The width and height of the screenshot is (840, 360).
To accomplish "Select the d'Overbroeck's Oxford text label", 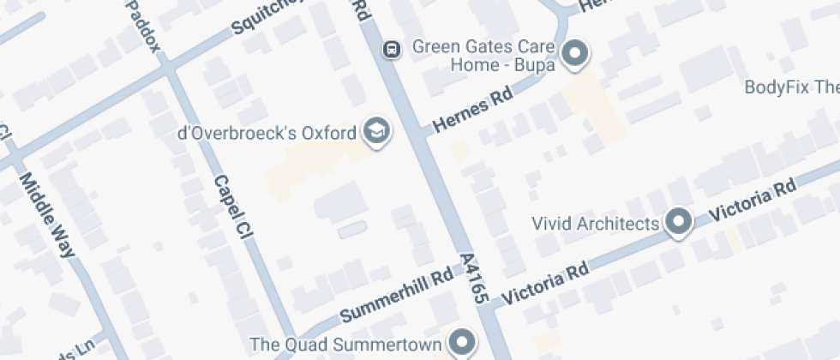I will pyautogui.click(x=266, y=133).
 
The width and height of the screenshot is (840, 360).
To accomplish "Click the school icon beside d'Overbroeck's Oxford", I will pyautogui.click(x=375, y=131).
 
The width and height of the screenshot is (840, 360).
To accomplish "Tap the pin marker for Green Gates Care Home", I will pyautogui.click(x=573, y=54).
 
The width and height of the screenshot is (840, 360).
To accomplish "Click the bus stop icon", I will pyautogui.click(x=391, y=49).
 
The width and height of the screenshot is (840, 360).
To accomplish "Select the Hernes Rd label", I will pyautogui.click(x=472, y=111).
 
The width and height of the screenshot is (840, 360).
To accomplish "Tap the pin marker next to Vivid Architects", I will pyautogui.click(x=680, y=222).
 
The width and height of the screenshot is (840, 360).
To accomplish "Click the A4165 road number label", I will pyautogui.click(x=474, y=279).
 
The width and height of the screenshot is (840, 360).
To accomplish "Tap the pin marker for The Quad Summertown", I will pyautogui.click(x=464, y=342).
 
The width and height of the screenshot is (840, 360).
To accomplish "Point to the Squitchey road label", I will pyautogui.click(x=267, y=17).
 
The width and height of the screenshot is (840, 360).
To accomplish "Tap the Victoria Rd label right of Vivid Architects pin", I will pyautogui.click(x=754, y=200).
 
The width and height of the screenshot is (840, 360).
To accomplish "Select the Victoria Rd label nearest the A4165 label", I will pyautogui.click(x=545, y=283).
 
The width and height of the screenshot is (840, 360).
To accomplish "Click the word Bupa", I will pyautogui.click(x=537, y=63).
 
